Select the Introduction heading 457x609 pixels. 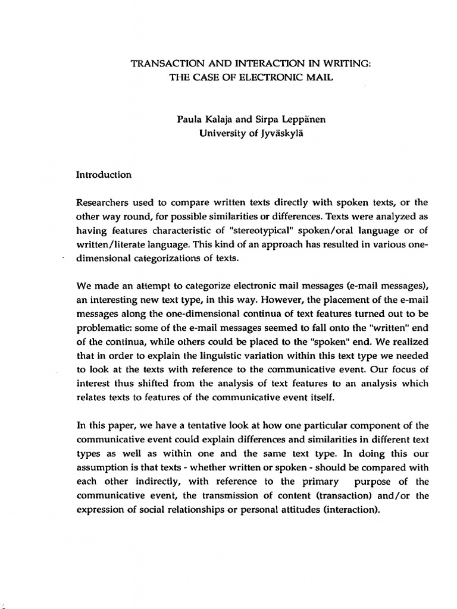[x=104, y=175]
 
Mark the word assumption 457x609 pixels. [x=101, y=468]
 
